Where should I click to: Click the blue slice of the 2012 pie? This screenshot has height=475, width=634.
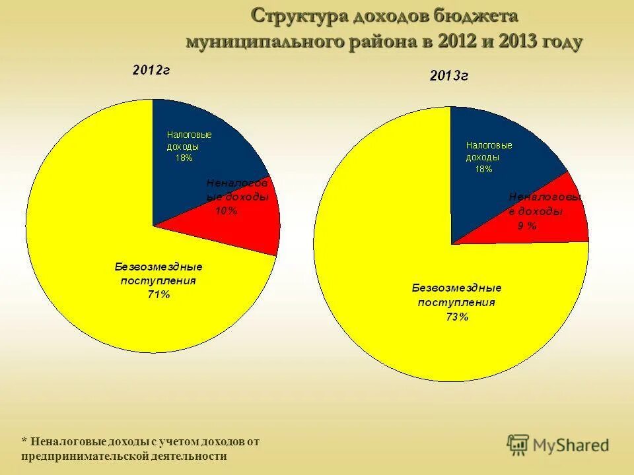(198, 165)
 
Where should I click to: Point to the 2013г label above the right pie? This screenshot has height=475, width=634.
(449, 76)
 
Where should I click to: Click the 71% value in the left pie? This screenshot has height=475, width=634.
(158, 295)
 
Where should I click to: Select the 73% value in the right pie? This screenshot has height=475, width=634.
(457, 317)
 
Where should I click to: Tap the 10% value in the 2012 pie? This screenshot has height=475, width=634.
(226, 210)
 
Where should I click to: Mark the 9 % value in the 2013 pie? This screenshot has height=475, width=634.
(527, 226)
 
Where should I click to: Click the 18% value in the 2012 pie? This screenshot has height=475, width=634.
(184, 158)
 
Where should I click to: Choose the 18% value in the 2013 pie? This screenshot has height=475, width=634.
(483, 169)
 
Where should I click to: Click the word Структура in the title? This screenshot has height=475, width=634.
(295, 16)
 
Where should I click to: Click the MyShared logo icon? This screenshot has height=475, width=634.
(518, 445)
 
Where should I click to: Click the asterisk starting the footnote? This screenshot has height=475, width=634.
(24, 441)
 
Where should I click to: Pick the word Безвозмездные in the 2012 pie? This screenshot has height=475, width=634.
(158, 267)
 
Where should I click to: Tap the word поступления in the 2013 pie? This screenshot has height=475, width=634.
(456, 302)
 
